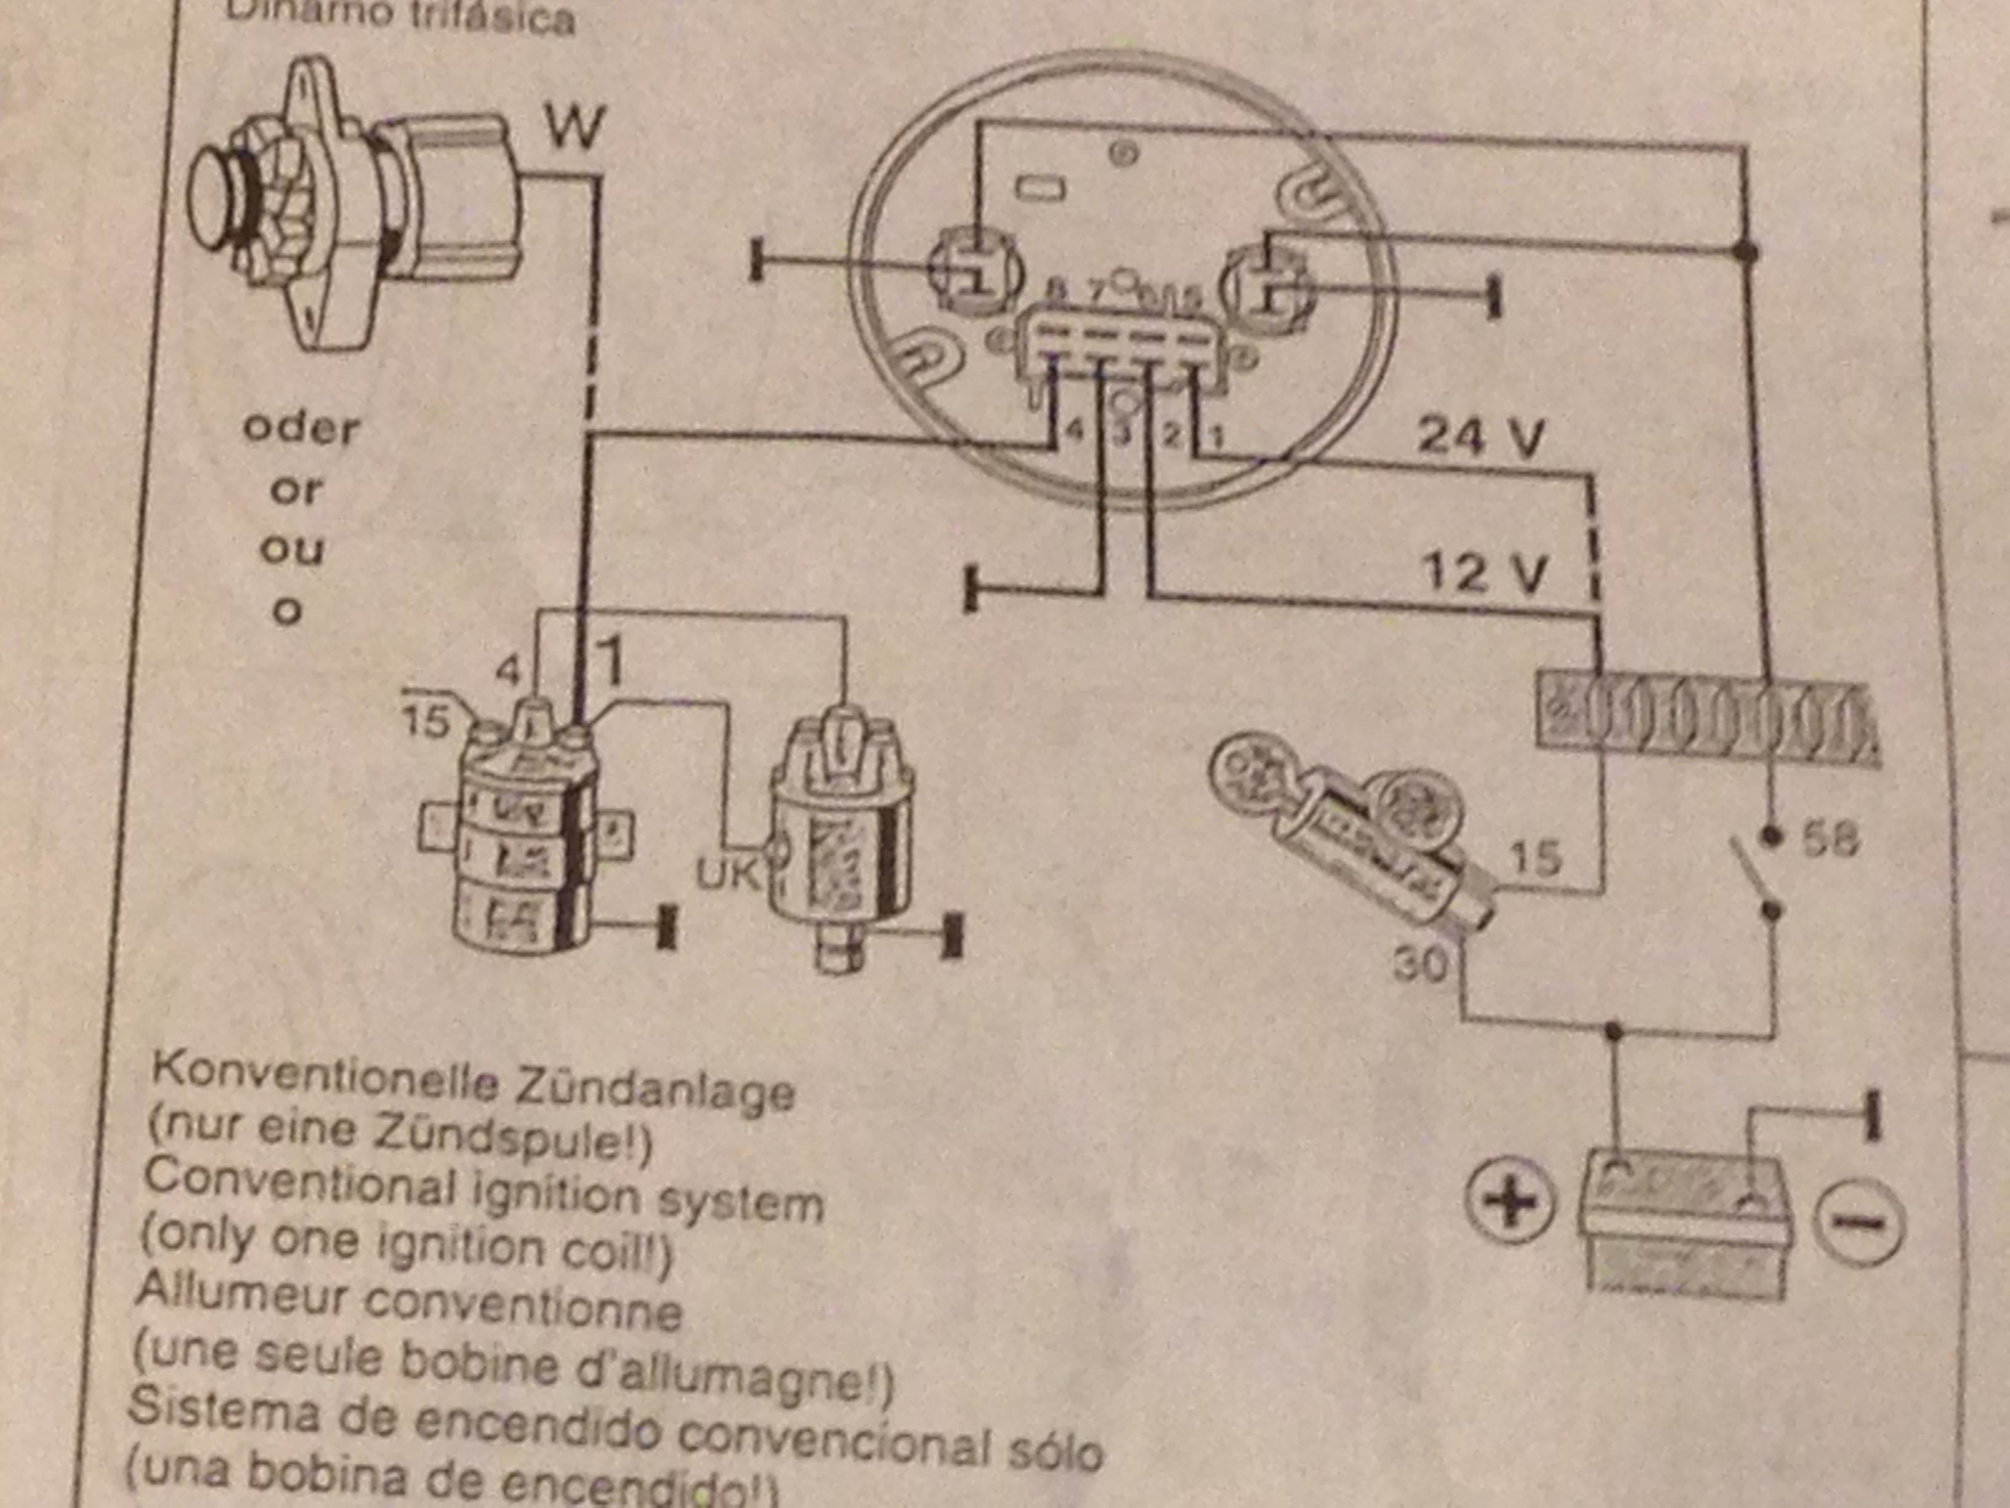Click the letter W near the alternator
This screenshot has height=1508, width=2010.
575,128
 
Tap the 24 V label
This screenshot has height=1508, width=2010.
1480,436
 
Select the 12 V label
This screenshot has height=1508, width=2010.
1482,574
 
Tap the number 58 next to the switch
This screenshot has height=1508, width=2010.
1829,840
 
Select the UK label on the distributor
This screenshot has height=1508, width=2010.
727,873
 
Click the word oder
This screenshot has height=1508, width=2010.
301,429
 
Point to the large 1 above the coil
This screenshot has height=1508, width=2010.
613,661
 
